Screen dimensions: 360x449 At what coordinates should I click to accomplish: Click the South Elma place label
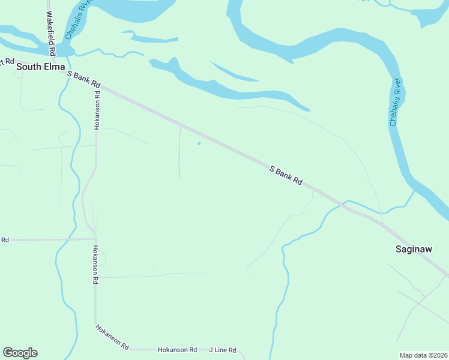41,67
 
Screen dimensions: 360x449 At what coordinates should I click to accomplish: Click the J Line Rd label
223,350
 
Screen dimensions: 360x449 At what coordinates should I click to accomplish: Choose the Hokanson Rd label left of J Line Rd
177,350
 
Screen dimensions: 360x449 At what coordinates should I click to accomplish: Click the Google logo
20,353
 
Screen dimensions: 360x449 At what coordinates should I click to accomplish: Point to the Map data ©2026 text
423,355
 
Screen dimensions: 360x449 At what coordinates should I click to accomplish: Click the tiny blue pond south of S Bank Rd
199,143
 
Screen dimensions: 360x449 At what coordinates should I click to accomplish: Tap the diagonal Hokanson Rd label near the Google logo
112,337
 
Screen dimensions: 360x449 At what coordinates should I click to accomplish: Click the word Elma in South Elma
54,67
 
